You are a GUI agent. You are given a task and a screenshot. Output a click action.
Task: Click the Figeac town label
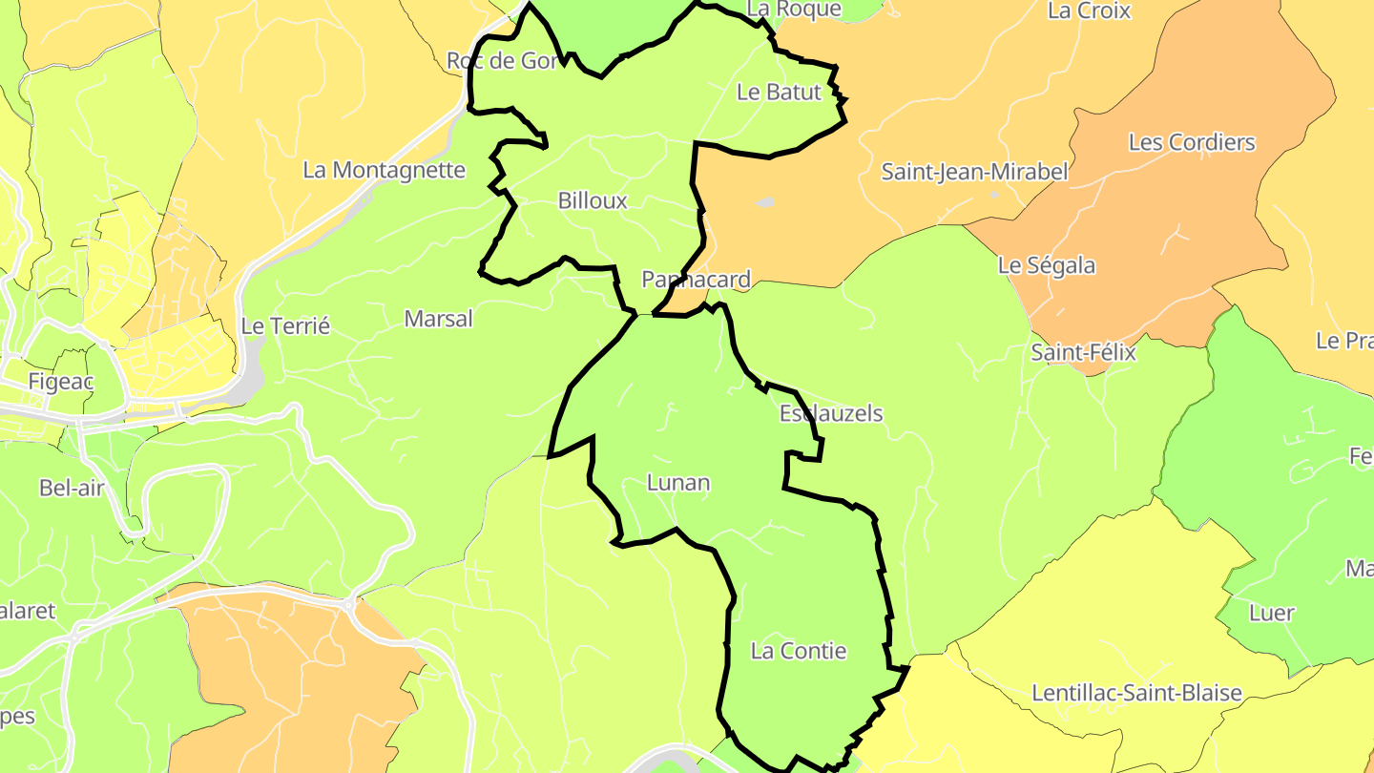pos(61,382)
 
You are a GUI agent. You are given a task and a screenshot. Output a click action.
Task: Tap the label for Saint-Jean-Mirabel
pos(974,172)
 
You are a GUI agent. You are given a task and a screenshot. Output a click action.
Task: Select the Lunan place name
pos(678,482)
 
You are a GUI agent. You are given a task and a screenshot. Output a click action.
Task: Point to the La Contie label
pos(799,651)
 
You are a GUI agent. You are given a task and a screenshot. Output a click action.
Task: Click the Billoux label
pos(593,200)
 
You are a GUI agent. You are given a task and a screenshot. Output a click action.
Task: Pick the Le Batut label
pos(779,92)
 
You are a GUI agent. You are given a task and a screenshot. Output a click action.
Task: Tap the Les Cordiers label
pos(1192,142)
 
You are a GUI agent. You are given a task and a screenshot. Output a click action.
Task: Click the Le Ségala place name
pos(1047,265)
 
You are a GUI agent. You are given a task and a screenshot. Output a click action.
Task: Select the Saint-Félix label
pos(1083,352)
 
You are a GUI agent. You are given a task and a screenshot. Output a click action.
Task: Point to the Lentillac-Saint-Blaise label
pos(1137,693)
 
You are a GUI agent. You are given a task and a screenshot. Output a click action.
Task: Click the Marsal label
pos(438,319)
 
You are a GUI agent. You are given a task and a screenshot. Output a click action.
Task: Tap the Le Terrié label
pos(285,325)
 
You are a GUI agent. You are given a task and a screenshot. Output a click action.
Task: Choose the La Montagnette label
pos(384,170)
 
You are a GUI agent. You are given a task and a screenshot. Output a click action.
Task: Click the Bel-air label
pos(72,488)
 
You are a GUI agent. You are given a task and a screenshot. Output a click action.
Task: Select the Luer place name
pos(1272,613)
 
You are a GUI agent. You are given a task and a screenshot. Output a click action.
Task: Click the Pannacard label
pos(696,280)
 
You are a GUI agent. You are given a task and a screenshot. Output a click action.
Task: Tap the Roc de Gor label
pos(502,61)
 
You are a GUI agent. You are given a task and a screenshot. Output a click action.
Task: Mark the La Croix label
pos(1089,10)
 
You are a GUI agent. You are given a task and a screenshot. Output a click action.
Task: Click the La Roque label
pos(794,9)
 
